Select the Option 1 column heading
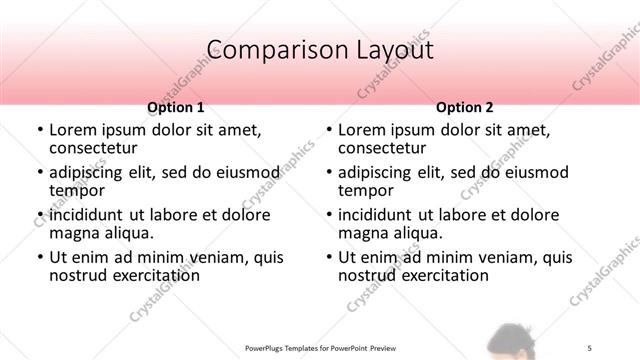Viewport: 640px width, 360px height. [x=176, y=107]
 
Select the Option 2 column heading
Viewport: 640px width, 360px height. [x=465, y=107]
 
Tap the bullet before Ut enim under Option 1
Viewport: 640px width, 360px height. [x=38, y=257]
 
